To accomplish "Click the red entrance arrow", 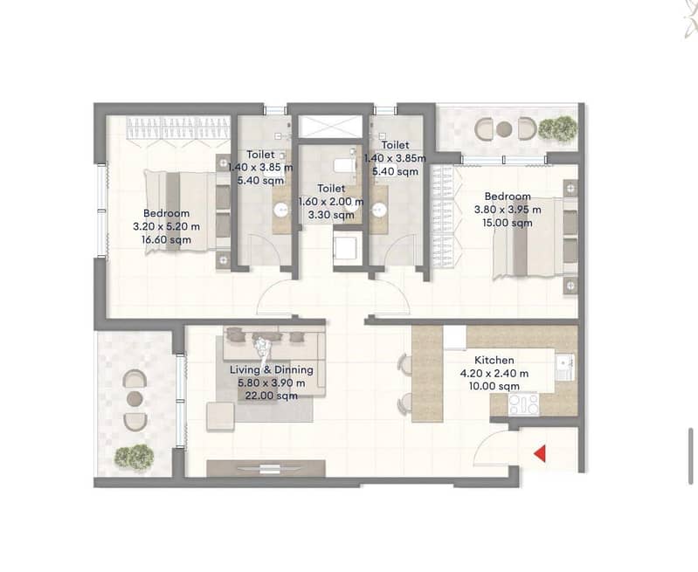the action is tap(541, 454).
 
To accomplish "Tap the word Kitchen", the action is tap(494, 360).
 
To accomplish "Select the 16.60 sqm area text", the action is tap(167, 240).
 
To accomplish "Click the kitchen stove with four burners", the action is tap(523, 404).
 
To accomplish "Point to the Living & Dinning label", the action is tap(272, 370).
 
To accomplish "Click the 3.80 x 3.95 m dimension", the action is tap(508, 210).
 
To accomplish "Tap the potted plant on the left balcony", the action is tap(134, 456).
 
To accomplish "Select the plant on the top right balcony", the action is tap(557, 128).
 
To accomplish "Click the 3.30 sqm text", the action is tap(331, 215).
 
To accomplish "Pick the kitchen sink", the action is tap(565, 368).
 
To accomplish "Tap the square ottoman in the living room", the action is tap(220, 417).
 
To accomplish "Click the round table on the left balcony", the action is tap(135, 399).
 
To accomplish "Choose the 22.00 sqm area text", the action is tap(272, 396).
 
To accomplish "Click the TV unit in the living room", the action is tap(266, 468).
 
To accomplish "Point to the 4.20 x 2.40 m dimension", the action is tap(494, 374).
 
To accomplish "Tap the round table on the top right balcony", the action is tap(504, 129).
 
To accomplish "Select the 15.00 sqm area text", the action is tap(508, 223).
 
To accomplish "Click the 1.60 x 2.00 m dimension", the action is tap(331, 202).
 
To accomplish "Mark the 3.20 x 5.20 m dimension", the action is tap(167, 226).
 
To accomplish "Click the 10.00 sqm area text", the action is tap(494, 386).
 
